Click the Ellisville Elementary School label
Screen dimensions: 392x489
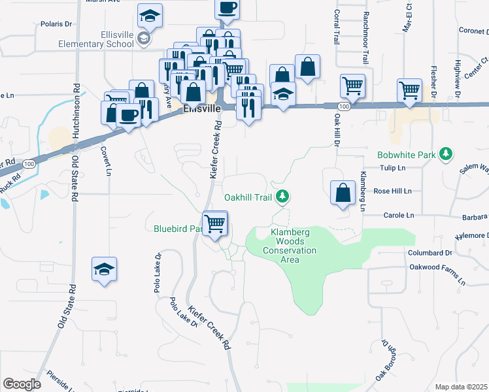[x=96, y=39]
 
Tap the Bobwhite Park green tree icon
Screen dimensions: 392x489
[x=446, y=154]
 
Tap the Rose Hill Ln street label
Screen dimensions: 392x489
[x=392, y=191]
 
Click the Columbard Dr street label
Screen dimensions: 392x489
[x=430, y=252]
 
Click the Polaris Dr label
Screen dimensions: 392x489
[x=55, y=24]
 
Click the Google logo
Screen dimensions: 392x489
[x=22, y=384]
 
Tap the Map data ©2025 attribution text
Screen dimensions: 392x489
[x=460, y=387]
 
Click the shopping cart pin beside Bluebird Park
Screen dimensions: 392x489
[x=215, y=224]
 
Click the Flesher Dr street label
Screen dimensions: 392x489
[x=433, y=81]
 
